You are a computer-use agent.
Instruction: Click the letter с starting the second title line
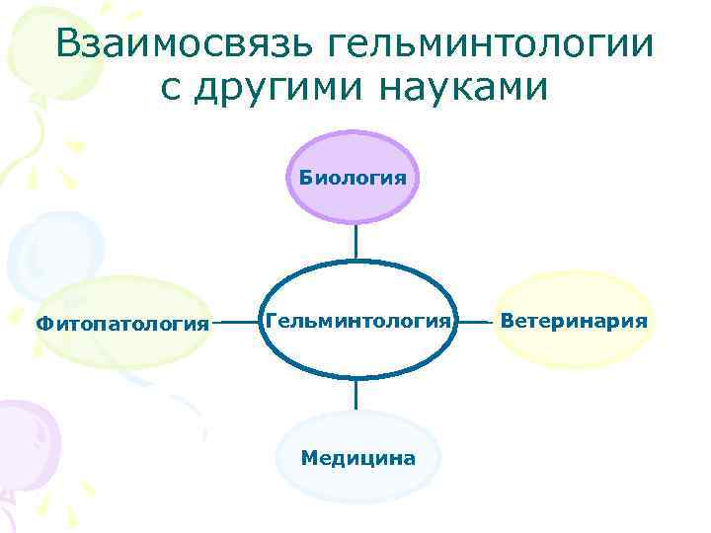pos(169,89)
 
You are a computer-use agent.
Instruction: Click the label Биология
pos(354,178)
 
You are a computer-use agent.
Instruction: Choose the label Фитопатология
pos(122,322)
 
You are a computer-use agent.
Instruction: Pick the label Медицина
pos(357,458)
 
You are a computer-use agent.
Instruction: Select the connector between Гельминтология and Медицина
pos(355,395)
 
